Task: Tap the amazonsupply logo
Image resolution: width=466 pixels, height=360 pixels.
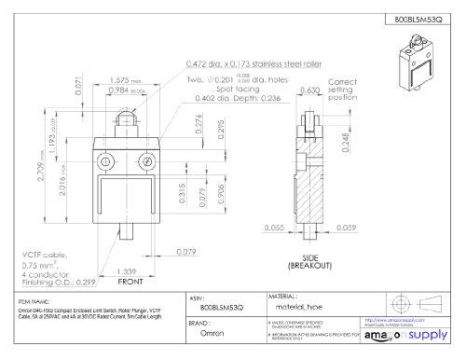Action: pyautogui.click(x=406, y=333)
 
